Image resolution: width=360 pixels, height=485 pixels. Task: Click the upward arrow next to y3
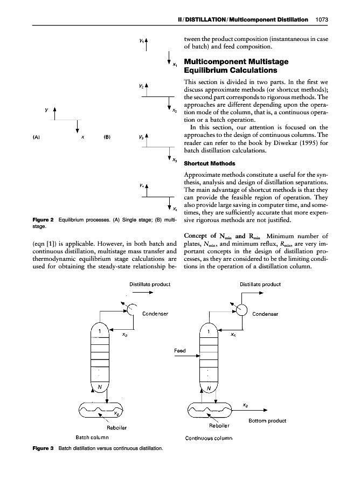(x=147, y=140)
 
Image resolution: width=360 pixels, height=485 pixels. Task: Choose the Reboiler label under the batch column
(x=117, y=428)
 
